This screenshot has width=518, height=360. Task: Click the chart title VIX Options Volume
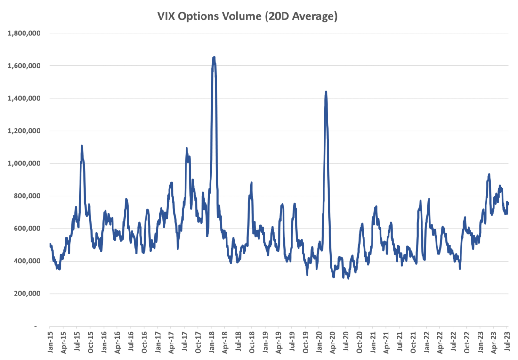(x=247, y=17)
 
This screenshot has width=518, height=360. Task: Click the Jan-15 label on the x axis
(x=50, y=342)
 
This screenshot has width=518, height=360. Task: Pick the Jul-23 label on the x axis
(x=507, y=342)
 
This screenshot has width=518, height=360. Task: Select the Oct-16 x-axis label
(x=144, y=342)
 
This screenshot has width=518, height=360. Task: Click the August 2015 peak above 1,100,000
(x=81, y=146)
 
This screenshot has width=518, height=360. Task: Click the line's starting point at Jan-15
(x=50, y=244)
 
